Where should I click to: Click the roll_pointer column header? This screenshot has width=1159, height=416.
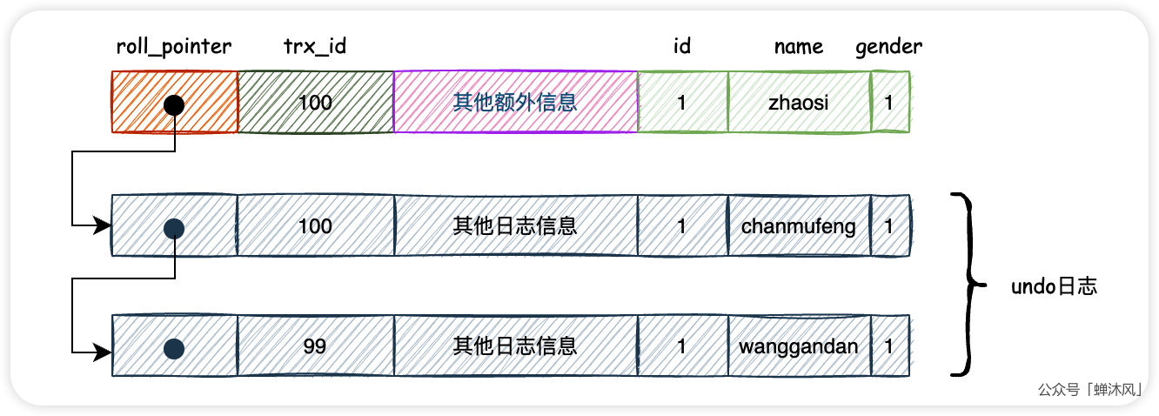(x=174, y=47)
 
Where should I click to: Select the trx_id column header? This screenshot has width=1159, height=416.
(x=315, y=47)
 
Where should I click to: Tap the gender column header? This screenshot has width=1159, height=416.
(x=888, y=47)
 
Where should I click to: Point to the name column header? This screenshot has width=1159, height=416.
(x=798, y=47)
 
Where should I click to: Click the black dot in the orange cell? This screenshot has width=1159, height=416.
(x=174, y=104)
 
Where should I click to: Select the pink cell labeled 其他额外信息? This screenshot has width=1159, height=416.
(x=515, y=103)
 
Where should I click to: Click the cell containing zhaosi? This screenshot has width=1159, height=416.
(x=799, y=103)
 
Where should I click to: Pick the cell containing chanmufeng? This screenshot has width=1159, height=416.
(x=799, y=226)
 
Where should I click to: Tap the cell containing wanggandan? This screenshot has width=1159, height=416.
(x=799, y=346)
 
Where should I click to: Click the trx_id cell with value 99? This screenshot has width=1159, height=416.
(x=315, y=346)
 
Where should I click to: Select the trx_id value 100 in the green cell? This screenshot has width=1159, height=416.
(x=315, y=103)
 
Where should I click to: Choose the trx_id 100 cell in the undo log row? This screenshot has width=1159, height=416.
(x=315, y=226)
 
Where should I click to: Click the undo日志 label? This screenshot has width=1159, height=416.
(x=1054, y=286)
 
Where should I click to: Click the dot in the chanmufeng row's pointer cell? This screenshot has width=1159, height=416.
(x=174, y=228)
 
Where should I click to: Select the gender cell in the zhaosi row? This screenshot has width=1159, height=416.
(x=889, y=103)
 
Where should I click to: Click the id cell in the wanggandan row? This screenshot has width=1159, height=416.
(x=682, y=346)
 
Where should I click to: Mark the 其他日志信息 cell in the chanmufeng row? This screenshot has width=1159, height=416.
(x=515, y=226)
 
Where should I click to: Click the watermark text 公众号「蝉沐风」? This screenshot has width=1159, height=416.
(x=1092, y=391)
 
